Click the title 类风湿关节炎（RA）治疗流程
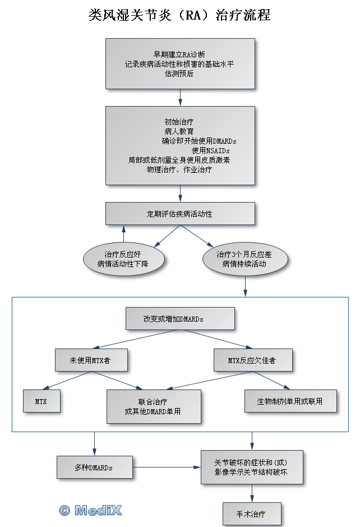click(179, 15)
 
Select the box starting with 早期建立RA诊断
click(180, 63)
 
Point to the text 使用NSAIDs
click(210, 150)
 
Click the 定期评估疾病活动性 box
click(180, 214)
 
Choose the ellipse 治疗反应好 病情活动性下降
click(123, 259)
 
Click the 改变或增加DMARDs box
click(180, 318)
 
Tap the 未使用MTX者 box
click(91, 360)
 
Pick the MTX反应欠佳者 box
click(253, 360)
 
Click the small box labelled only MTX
click(41, 402)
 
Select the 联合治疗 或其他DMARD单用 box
click(154, 406)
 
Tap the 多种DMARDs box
click(94, 468)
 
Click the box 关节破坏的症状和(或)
click(252, 467)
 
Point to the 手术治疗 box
click(252, 513)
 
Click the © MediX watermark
click(90, 510)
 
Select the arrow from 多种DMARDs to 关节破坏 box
click(167, 468)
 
